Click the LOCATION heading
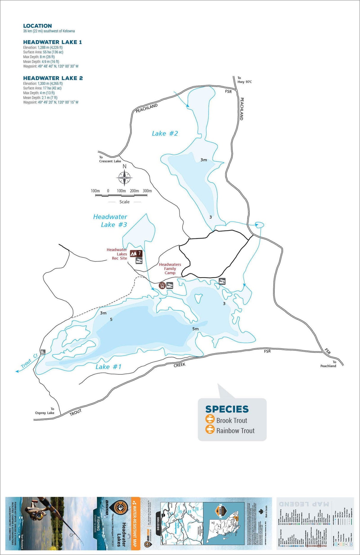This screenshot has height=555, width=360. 37,26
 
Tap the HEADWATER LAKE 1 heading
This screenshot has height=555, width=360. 52,42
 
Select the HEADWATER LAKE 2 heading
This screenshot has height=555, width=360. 53,78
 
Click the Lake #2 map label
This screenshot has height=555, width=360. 165,133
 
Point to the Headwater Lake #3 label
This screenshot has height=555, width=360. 110,221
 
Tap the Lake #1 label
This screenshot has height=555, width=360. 108,367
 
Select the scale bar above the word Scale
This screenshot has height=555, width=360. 121,195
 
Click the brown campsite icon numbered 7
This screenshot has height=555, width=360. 136,253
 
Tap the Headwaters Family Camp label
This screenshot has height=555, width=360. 170,268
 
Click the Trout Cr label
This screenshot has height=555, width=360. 29,361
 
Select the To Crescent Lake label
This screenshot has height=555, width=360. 110,159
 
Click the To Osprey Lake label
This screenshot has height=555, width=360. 45,411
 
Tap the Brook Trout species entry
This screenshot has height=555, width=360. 232,420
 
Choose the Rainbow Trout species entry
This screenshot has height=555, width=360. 235,431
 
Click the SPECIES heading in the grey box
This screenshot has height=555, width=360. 227,409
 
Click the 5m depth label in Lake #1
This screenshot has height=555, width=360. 195,329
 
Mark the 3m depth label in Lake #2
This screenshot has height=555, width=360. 203,160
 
